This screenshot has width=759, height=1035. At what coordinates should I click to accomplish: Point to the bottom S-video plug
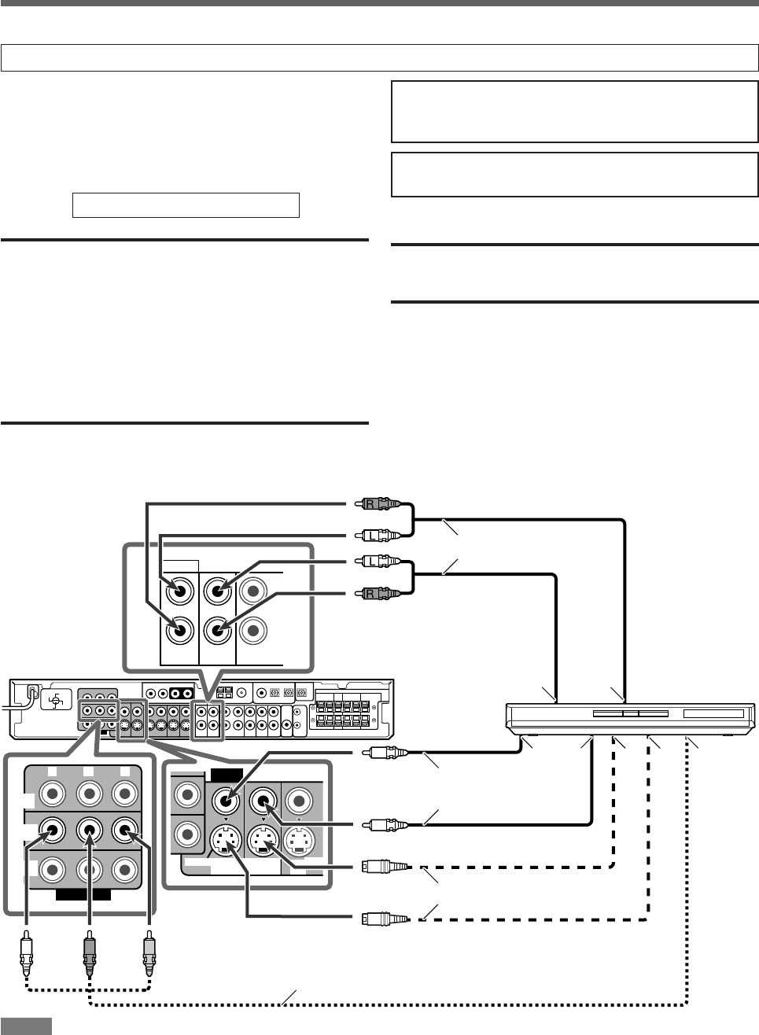[384, 917]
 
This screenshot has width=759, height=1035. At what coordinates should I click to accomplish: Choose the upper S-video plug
[384, 867]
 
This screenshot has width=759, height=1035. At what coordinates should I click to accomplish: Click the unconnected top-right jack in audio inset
[255, 590]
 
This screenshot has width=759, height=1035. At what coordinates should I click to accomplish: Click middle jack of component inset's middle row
[89, 828]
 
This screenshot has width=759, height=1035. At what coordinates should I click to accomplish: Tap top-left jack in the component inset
[52, 794]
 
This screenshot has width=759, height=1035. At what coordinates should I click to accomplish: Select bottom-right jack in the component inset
[124, 870]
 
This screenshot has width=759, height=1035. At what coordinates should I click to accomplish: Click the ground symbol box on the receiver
[57, 699]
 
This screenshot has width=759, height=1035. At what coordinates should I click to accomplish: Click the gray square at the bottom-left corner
[26, 1026]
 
